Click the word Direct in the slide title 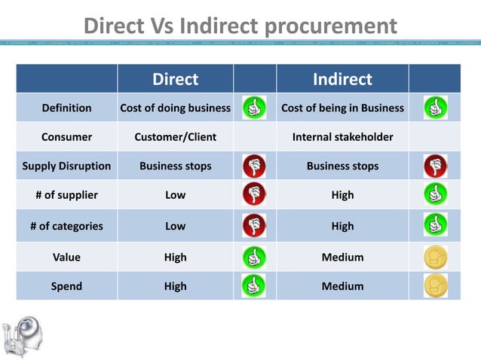click(x=117, y=26)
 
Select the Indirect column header click(x=342, y=79)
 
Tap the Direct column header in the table click(x=175, y=79)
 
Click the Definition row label click(x=66, y=108)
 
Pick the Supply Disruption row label click(x=66, y=166)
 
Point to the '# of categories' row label click(x=66, y=225)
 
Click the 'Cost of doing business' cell click(x=175, y=108)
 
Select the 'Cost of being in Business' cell click(x=342, y=108)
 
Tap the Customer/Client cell click(x=175, y=137)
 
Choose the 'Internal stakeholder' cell click(x=342, y=137)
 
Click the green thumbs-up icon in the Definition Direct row click(x=254, y=108)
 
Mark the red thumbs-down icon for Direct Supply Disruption click(x=254, y=166)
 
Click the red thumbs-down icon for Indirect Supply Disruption click(x=435, y=166)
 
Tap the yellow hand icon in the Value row click(x=435, y=258)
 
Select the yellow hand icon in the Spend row click(x=435, y=286)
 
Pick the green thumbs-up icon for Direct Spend click(x=254, y=286)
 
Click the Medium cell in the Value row click(x=342, y=258)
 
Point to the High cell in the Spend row click(x=175, y=286)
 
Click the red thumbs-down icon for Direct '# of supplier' click(x=254, y=195)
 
